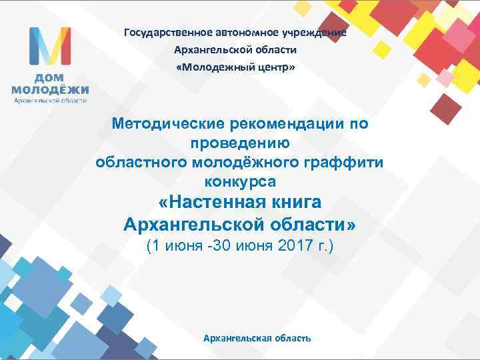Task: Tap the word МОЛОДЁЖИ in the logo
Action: tap(49, 89)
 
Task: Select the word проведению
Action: tap(240, 143)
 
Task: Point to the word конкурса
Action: tap(240, 181)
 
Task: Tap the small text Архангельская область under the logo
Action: tap(50, 101)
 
